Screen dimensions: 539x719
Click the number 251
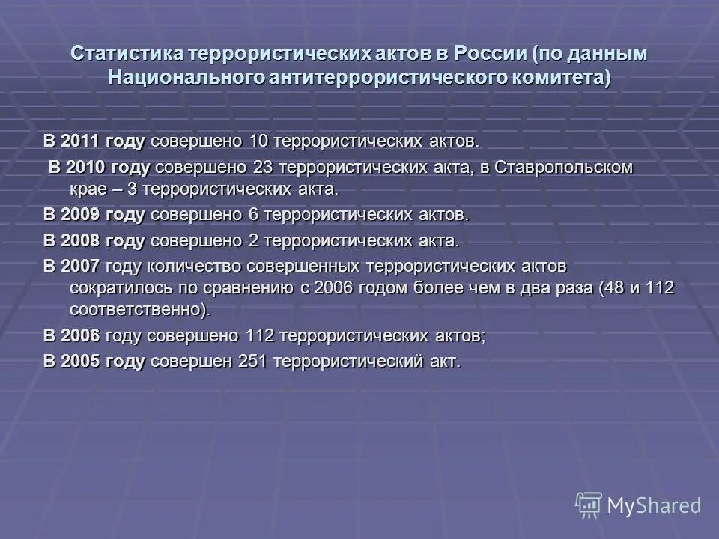point(252,361)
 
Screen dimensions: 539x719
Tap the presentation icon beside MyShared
point(588,505)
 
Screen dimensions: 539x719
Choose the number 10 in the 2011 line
point(256,141)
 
